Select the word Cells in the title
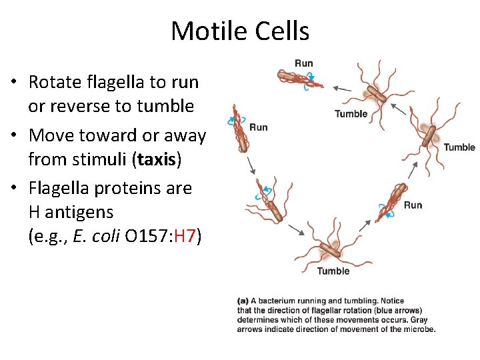click(282, 31)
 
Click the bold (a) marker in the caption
click(243, 301)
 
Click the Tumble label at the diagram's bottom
click(333, 271)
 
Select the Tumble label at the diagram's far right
click(459, 147)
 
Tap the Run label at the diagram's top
click(303, 63)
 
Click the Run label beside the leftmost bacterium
click(259, 127)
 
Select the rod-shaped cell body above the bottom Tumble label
click(329, 250)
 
